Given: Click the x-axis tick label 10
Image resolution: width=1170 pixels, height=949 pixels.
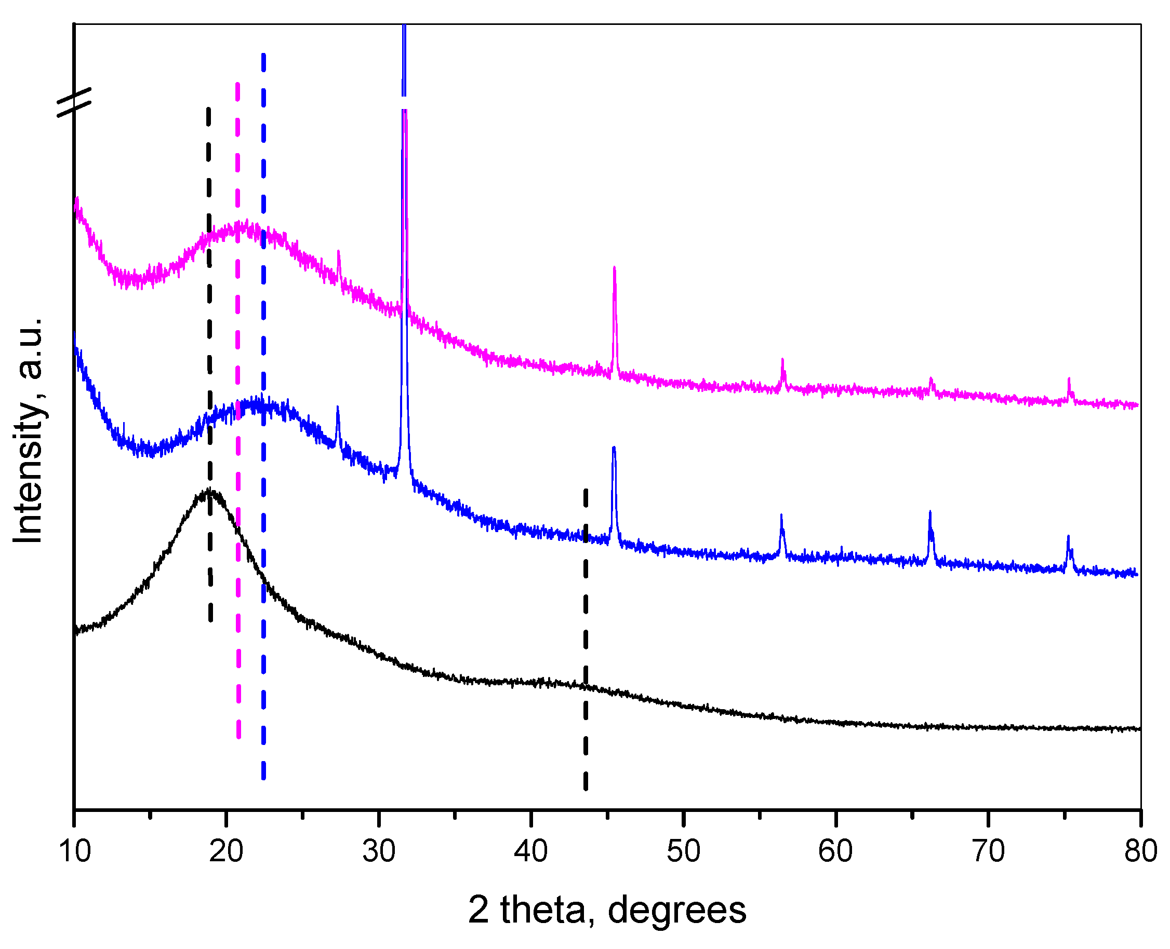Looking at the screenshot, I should (74, 852).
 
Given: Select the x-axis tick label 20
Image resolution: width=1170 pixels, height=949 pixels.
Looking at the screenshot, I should (226, 852).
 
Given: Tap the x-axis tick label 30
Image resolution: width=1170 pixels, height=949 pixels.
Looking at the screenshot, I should (379, 852).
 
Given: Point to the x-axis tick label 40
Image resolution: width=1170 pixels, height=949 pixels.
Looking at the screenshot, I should (530, 852).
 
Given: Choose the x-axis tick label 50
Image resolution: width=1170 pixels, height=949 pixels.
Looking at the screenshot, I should (683, 852).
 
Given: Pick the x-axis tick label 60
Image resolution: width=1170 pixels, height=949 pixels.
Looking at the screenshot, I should (835, 852).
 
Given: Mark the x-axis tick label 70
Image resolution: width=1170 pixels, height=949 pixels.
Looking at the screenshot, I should (988, 852).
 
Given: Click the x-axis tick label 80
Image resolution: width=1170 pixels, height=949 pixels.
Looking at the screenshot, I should (1140, 852).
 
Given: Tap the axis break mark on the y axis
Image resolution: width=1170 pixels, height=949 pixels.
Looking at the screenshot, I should (74, 102).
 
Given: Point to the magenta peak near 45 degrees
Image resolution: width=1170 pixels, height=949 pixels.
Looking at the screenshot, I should (614, 268).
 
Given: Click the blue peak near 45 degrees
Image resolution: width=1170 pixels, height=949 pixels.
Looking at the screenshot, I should (614, 448).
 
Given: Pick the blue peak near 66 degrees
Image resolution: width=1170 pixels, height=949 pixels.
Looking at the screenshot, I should (930, 512).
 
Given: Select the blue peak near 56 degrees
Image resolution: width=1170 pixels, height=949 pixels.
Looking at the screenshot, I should (781, 516).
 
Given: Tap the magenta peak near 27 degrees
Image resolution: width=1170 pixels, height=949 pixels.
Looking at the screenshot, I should (339, 251).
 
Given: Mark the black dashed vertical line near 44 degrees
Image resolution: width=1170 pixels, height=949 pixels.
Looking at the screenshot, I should (586, 640).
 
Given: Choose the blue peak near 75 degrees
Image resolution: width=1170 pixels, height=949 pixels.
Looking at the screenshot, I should (1068, 537).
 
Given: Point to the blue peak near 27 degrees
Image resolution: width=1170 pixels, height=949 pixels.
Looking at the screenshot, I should (338, 407).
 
